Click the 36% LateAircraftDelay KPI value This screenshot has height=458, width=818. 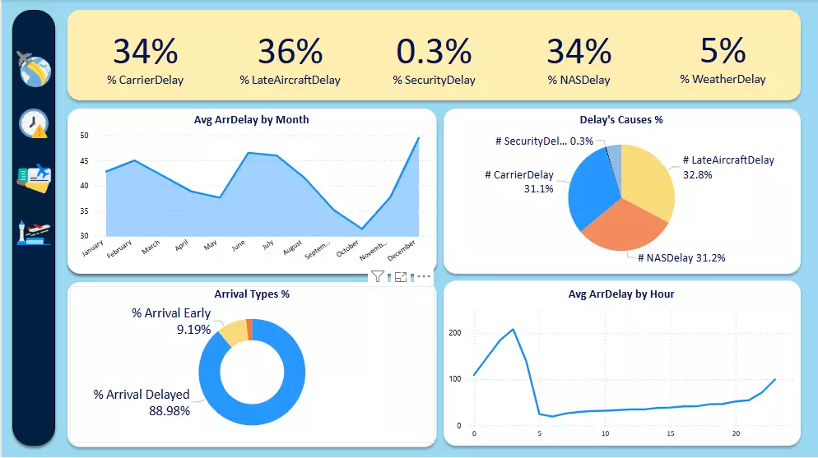tap(290, 52)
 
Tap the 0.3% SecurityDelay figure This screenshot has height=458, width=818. tap(434, 52)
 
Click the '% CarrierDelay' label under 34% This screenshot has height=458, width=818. tap(145, 81)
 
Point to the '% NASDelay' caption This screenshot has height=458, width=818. tap(579, 81)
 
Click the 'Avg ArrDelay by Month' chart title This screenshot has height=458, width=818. tap(251, 120)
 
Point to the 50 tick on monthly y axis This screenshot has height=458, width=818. tap(85, 136)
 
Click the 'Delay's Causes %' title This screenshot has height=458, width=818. tap(621, 120)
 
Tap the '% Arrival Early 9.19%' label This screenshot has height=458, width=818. tap(171, 321)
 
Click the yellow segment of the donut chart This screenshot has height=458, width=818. tap(234, 331)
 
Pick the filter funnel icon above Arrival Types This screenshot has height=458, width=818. tap(377, 277)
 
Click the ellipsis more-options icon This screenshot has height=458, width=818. tap(424, 277)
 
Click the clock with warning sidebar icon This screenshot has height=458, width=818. tap(34, 124)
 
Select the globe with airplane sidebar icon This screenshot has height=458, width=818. tap(34, 70)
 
